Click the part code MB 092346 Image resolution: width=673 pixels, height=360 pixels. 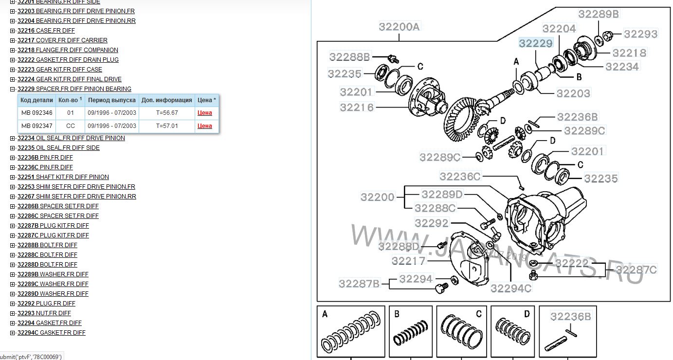click(36, 113)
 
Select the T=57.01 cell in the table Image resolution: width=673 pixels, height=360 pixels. click(167, 126)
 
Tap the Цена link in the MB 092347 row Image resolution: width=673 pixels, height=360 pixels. click(204, 126)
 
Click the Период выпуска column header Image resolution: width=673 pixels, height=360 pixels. click(112, 100)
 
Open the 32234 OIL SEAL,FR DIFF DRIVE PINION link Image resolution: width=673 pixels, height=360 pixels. click(71, 138)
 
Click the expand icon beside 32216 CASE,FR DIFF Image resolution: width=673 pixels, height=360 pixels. click(12, 31)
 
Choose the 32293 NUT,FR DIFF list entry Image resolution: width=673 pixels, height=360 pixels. click(44, 313)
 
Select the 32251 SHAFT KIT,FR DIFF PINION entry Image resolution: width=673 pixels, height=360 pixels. click(63, 177)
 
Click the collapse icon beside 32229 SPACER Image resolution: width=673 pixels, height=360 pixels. click(12, 89)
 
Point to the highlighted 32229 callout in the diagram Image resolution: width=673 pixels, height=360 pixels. click(536, 43)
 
